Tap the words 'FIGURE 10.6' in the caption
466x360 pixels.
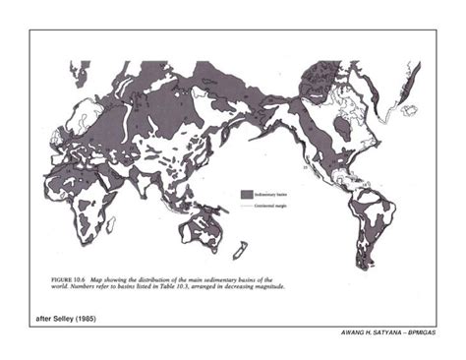67,280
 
